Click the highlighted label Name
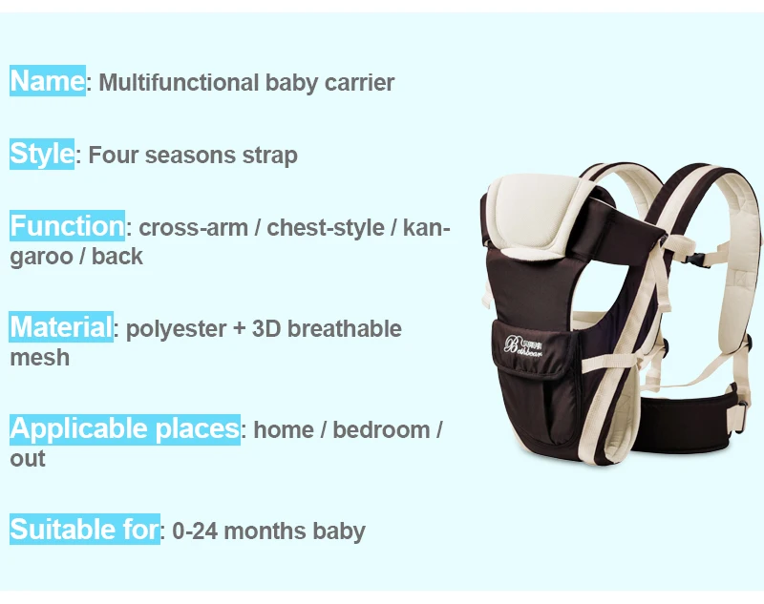pos(48,80)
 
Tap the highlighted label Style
pos(42,154)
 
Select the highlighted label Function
pos(67,226)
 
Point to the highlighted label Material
pos(61,326)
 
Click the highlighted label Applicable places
pos(125,429)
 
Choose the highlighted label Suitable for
pos(85,529)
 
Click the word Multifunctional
pos(179,82)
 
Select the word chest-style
pos(326,228)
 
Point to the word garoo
pos(40,258)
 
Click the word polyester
pos(177,329)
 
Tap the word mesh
pos(40,358)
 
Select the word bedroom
pos(381,429)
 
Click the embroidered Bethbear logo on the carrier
pos(522,345)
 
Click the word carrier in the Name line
pos(359,82)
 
